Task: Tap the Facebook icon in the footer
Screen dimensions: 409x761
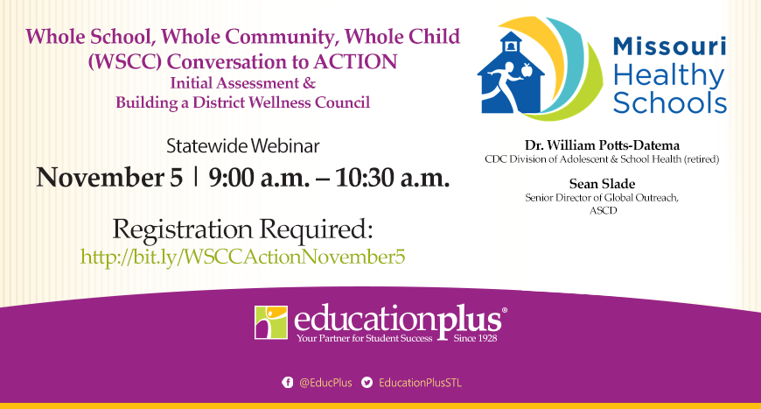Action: tap(287, 383)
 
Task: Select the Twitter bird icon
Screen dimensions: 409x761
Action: tap(367, 383)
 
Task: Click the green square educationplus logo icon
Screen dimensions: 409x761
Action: tap(270, 321)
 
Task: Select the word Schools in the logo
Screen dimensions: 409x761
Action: tap(669, 103)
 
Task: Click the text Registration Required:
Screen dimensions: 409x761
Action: tap(242, 229)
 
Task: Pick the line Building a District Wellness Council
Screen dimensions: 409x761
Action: tap(242, 102)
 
